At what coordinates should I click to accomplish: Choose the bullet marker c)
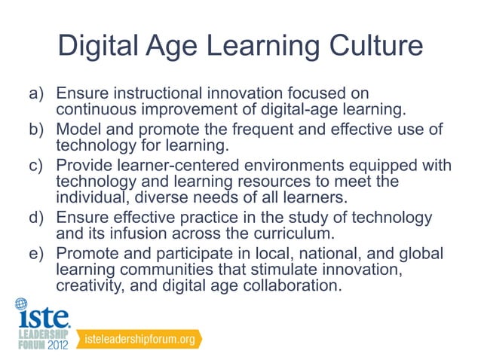(38, 165)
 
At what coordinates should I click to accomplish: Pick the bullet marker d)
(38, 218)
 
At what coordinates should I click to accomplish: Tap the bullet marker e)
(38, 252)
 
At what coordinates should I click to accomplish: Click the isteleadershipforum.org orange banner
(144, 340)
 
